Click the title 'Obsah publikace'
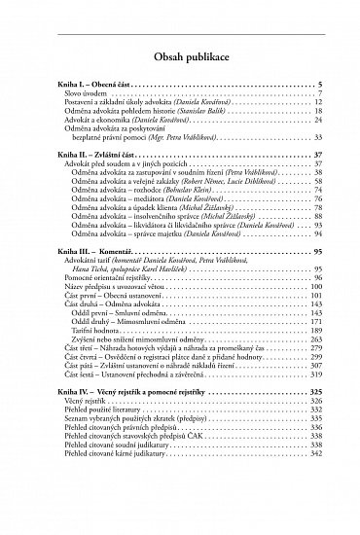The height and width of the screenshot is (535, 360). point(180,59)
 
